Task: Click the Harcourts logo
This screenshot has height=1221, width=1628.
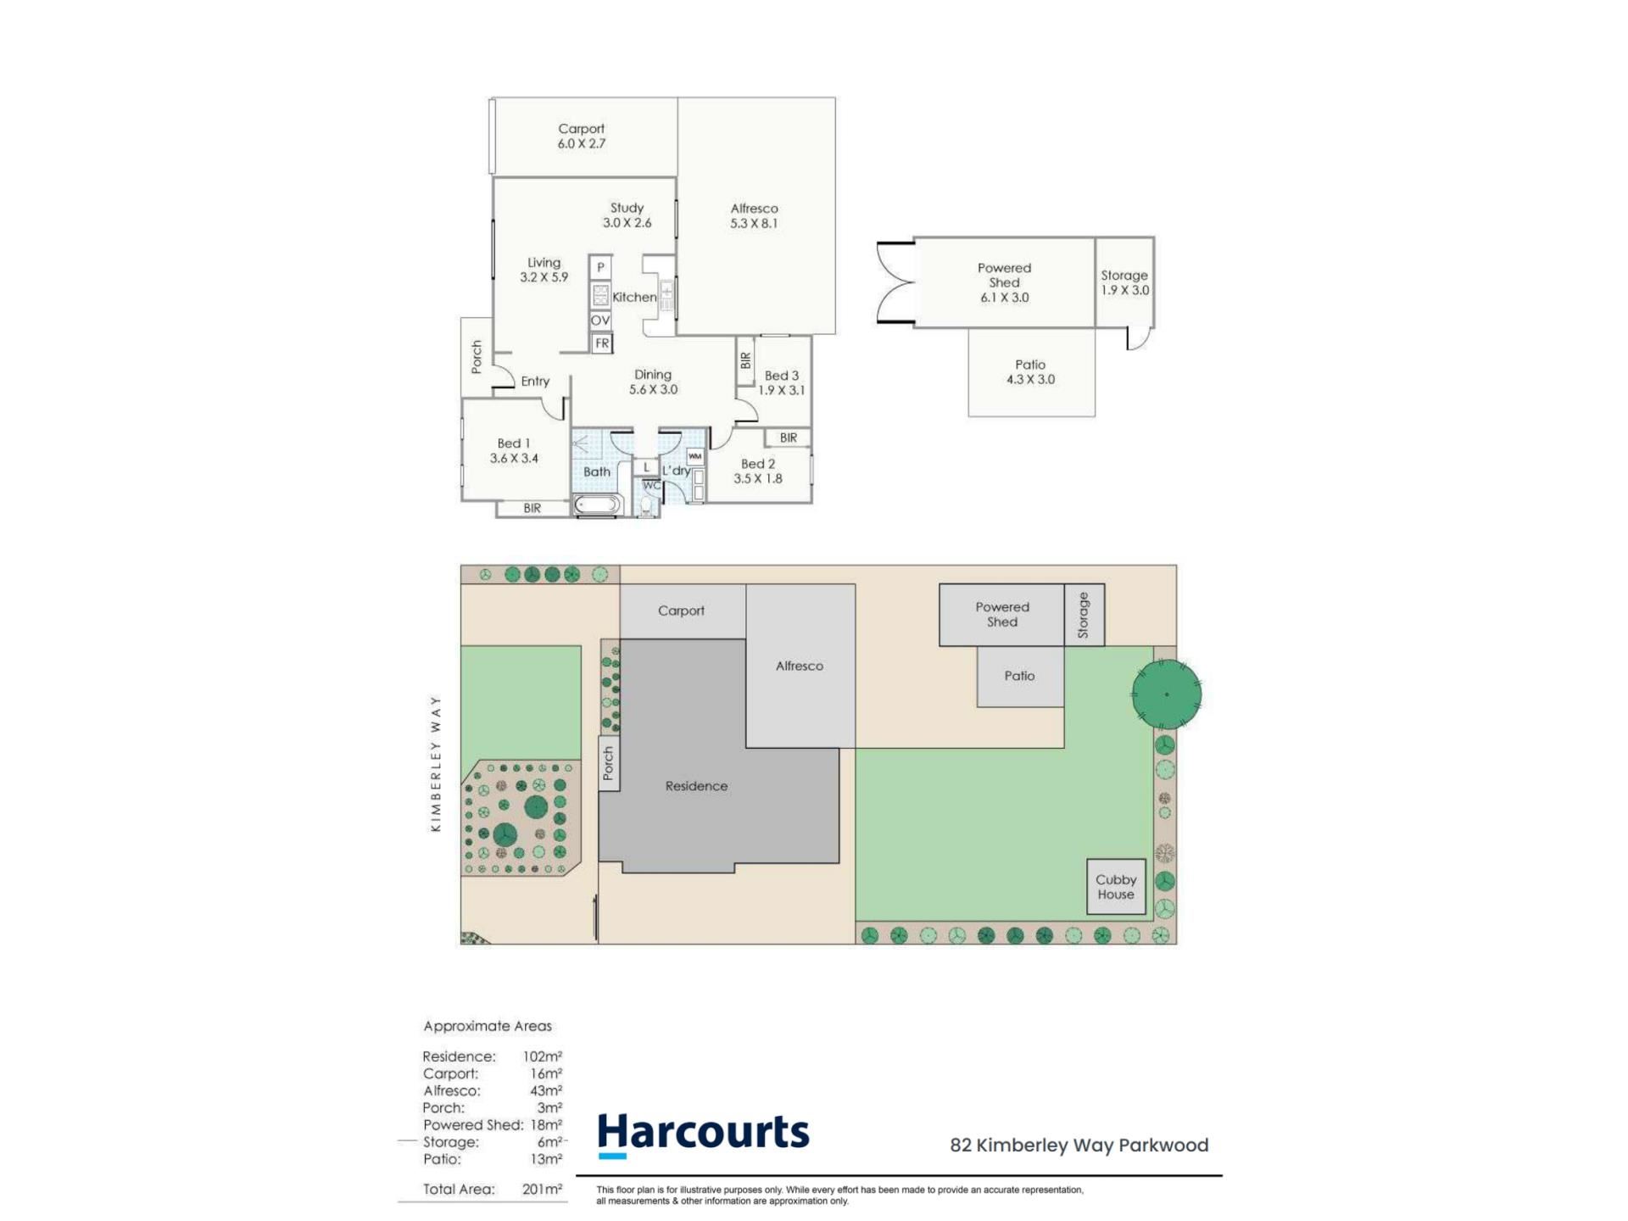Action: [703, 1134]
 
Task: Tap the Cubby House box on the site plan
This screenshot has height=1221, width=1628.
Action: [1116, 887]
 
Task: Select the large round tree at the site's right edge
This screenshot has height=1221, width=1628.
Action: [1167, 694]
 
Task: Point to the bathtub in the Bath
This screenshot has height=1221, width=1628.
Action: [597, 505]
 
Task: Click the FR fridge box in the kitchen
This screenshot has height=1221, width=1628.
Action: [601, 343]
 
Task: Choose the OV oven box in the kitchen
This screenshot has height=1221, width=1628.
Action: [600, 321]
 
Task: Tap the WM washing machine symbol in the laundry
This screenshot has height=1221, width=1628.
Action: [695, 456]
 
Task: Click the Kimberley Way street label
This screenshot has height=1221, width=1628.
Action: [436, 763]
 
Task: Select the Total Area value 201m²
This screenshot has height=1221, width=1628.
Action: [543, 1189]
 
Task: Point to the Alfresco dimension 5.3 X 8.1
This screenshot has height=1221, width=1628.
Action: [754, 224]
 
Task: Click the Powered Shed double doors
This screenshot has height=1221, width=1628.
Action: [896, 283]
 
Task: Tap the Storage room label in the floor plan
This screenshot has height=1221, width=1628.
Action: [1124, 276]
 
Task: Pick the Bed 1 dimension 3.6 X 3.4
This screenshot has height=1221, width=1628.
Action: [514, 459]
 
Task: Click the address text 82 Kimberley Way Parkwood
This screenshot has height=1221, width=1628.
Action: [1079, 1146]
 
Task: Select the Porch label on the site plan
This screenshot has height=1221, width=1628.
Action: [608, 763]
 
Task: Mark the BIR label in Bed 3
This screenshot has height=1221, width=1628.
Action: [745, 360]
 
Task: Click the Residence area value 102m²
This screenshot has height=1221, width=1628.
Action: [543, 1057]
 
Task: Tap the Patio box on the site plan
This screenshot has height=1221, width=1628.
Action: [1020, 676]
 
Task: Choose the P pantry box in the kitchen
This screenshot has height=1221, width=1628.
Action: [601, 268]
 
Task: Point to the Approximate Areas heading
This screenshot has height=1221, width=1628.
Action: [488, 1026]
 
